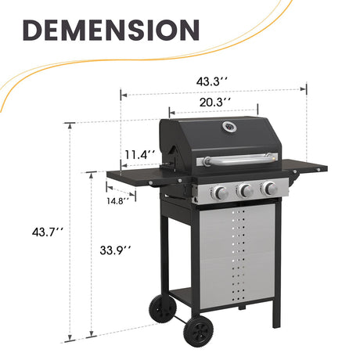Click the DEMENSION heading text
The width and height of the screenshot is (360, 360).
tap(110, 31)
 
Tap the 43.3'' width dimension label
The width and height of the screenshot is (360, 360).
tap(214, 81)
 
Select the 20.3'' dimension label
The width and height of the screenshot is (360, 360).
tap(213, 102)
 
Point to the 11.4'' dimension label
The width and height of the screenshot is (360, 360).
tap(139, 154)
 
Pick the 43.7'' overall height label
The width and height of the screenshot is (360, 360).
tap(47, 232)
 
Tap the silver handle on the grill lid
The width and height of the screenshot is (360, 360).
tap(239, 160)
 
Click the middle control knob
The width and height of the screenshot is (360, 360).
tap(245, 190)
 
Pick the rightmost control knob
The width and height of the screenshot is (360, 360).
tap(269, 188)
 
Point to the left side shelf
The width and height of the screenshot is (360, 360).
tap(141, 178)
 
